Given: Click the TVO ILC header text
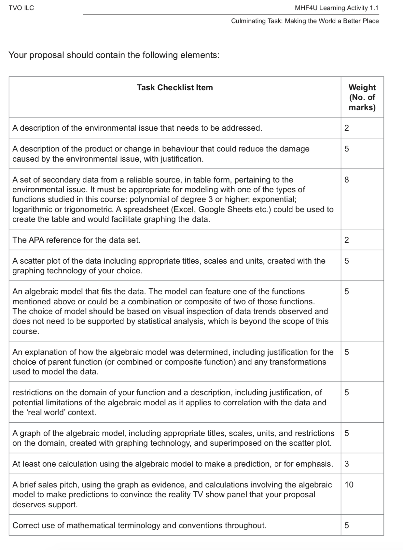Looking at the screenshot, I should click(x=21, y=8).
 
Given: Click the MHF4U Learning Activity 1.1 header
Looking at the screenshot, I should click(x=336, y=8).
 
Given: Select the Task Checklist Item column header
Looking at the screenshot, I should click(x=175, y=88).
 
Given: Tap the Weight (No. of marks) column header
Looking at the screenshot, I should click(x=362, y=97).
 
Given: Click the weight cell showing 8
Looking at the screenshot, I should click(x=346, y=180).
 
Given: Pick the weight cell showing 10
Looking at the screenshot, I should click(x=349, y=485).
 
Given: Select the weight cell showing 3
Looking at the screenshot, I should click(x=346, y=464).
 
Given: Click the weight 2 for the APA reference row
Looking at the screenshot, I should click(x=346, y=240).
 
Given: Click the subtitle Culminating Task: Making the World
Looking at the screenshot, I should click(x=305, y=21).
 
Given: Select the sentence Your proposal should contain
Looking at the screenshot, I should click(x=114, y=55).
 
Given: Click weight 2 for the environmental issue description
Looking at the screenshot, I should click(x=346, y=128).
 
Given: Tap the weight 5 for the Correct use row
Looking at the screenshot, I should click(x=346, y=526).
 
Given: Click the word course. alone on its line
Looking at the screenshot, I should click(x=26, y=331).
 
